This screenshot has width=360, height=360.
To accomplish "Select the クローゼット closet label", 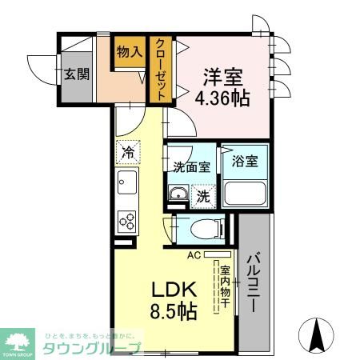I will click(x=161, y=70).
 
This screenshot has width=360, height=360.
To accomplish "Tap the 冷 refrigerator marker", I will click(x=128, y=149).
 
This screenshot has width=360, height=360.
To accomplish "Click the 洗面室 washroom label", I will click(x=191, y=167).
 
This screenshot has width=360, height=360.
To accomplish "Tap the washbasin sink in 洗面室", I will click(x=178, y=195).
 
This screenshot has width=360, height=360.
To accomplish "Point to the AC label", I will click(x=193, y=256).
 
